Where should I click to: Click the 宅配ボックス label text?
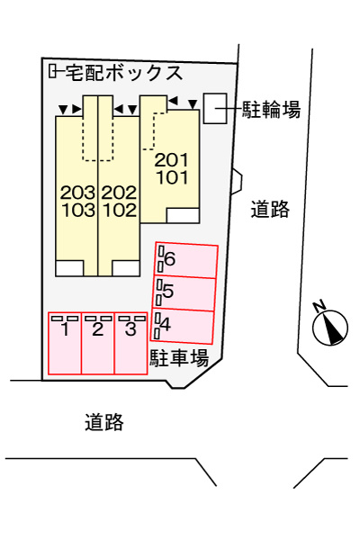click(x=123, y=73)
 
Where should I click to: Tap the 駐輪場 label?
click(x=271, y=109)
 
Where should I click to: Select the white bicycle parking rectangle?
click(x=215, y=108)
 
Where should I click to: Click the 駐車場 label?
click(x=179, y=358)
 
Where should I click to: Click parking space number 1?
click(x=65, y=344)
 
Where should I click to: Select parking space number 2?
click(x=98, y=344)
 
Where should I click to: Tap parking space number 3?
click(x=130, y=344)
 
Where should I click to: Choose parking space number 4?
click(x=182, y=326)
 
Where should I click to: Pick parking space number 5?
click(x=184, y=293)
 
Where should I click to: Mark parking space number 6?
click(x=186, y=260)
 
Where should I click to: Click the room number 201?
click(x=172, y=160)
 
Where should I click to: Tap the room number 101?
click(x=172, y=177)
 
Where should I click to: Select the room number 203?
click(x=78, y=193)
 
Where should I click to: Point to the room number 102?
click(x=120, y=210)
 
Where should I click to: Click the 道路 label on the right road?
click(x=270, y=209)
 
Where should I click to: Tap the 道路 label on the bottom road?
click(x=104, y=422)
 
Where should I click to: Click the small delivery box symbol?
click(x=52, y=71)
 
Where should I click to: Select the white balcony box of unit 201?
click(x=183, y=216)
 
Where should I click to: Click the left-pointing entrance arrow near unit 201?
click(x=172, y=101)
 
